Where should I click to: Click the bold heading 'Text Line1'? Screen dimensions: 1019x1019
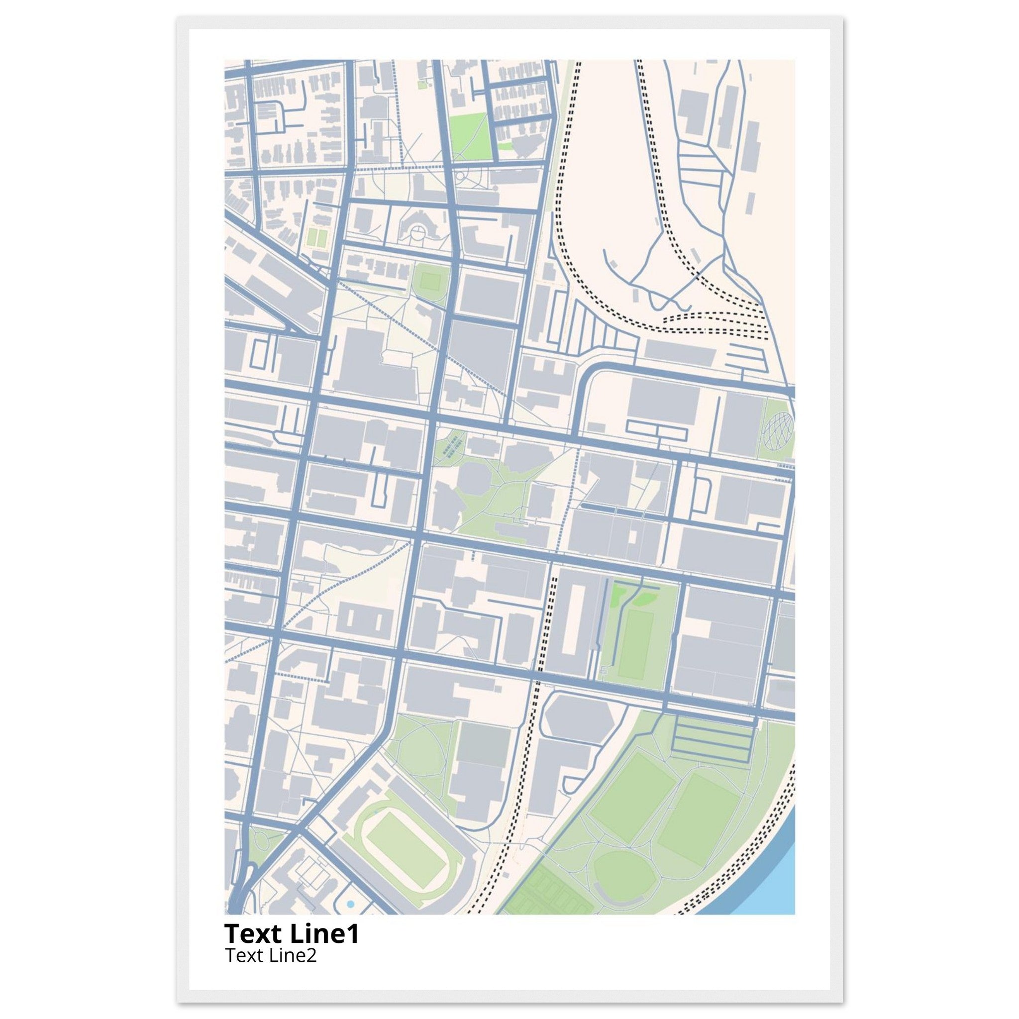292,933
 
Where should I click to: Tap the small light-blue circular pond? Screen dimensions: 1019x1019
351,904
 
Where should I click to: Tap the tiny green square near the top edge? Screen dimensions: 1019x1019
421,84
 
